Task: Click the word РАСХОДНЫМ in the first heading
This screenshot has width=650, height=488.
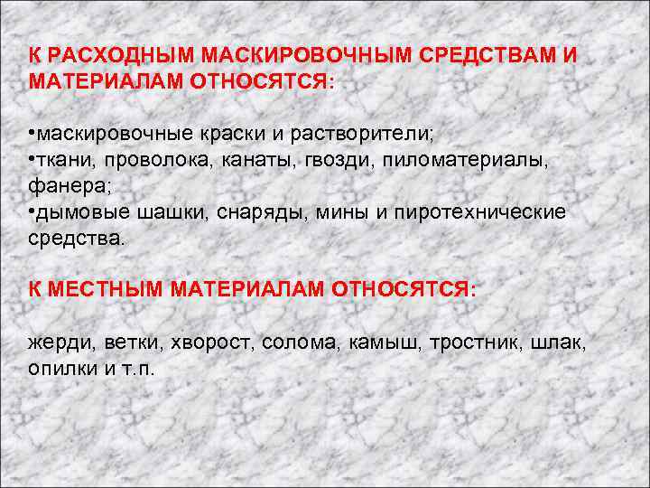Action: (107, 56)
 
